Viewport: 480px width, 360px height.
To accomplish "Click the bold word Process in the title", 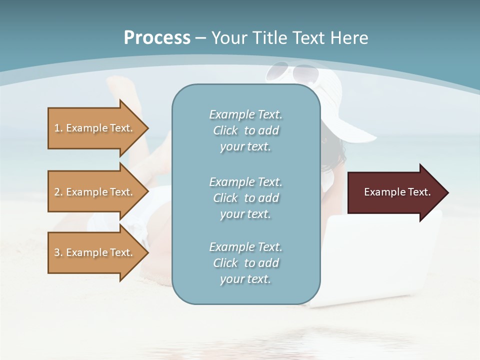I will click(x=157, y=38).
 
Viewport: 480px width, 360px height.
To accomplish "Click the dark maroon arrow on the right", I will click(x=395, y=192).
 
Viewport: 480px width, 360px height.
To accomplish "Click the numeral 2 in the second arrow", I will click(x=56, y=192).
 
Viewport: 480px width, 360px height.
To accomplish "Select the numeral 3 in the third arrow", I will click(x=56, y=252).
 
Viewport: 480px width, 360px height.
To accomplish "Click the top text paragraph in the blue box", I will click(x=245, y=130).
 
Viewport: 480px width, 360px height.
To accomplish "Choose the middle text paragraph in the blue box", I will click(x=245, y=198).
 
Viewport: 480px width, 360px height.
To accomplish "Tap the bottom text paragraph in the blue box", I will click(x=245, y=263).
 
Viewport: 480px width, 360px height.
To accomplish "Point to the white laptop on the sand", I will click(x=380, y=260).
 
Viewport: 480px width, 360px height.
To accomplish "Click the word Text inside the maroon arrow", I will click(x=418, y=192).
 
